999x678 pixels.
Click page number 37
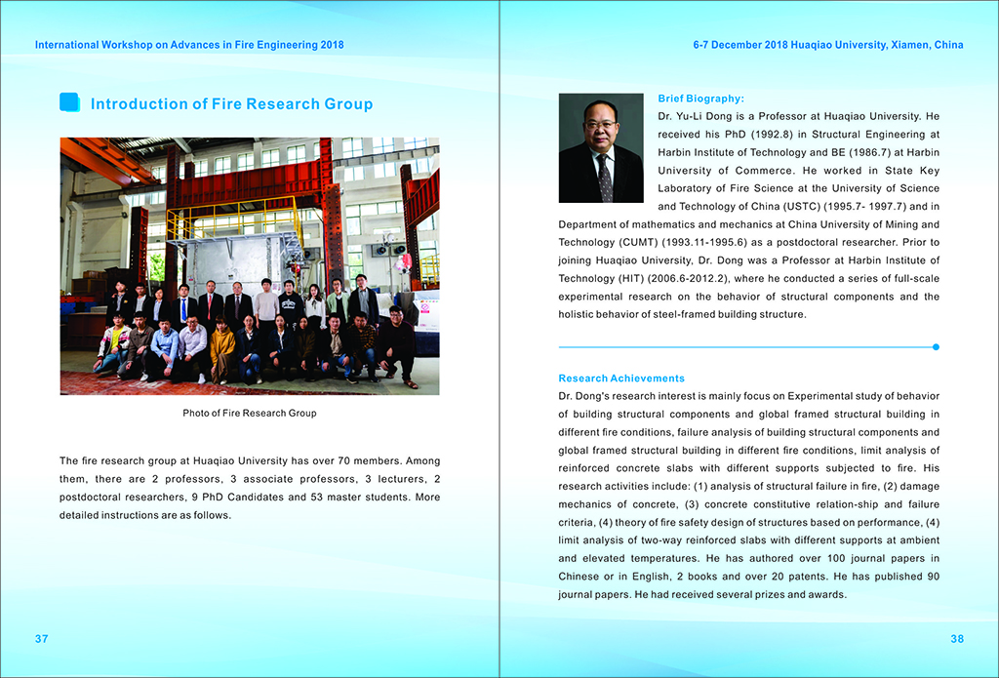(x=41, y=639)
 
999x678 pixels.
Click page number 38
(x=956, y=639)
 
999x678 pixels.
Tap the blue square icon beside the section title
(x=69, y=102)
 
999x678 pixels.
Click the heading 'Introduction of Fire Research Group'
(x=231, y=104)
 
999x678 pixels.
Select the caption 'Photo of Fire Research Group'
(x=250, y=413)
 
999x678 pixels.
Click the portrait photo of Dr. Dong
(x=600, y=147)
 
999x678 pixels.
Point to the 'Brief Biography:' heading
(x=700, y=99)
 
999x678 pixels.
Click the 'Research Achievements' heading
(x=621, y=379)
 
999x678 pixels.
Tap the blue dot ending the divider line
(x=936, y=346)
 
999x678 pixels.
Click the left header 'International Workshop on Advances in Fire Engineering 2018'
(x=188, y=45)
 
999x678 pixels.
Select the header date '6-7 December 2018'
(x=739, y=45)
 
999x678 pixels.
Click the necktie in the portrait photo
(x=604, y=176)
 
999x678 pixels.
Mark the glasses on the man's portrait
(x=600, y=124)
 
